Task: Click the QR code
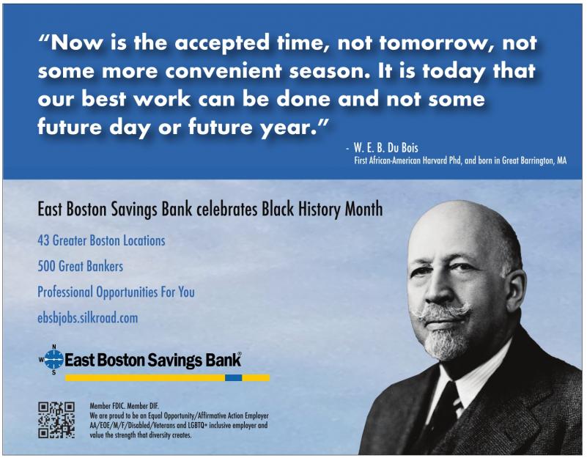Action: coord(56,420)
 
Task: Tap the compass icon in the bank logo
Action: coord(54,359)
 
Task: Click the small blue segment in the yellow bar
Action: coord(233,378)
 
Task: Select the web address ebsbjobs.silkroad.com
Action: coord(88,318)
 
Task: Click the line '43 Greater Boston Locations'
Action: coord(101,240)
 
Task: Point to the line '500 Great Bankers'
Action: coord(80,266)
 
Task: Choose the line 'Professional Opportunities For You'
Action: coord(116,292)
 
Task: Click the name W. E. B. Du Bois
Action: coord(386,147)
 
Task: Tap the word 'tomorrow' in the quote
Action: coord(435,43)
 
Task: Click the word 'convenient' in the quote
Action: coord(223,71)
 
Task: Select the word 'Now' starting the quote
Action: coord(76,43)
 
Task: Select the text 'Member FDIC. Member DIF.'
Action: coord(125,406)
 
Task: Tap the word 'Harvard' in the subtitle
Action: coord(435,160)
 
